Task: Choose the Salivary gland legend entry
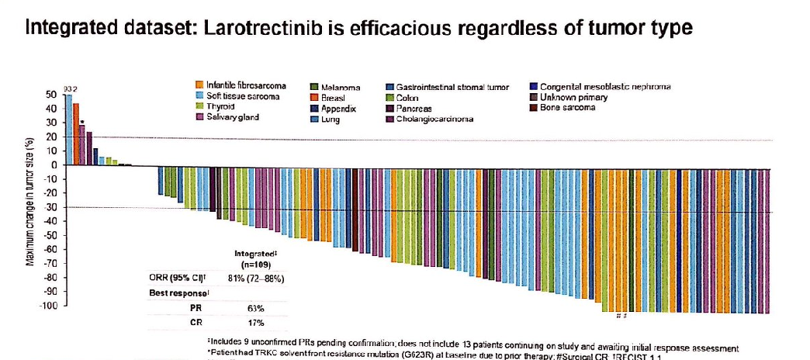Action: click(x=230, y=117)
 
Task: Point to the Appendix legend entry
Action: click(x=338, y=109)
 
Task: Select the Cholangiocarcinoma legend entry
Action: click(x=434, y=119)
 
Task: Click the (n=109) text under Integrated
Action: click(x=256, y=264)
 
